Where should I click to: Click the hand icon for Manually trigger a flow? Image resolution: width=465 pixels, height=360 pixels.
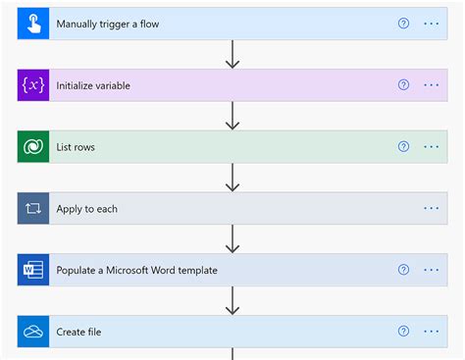click(x=32, y=24)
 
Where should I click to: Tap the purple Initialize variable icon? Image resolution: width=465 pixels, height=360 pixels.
click(x=32, y=85)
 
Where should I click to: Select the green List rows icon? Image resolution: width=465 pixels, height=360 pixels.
click(x=32, y=147)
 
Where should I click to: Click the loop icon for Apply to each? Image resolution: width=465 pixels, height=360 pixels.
click(x=32, y=208)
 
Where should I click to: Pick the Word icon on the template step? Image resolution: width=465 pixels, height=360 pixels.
click(x=32, y=270)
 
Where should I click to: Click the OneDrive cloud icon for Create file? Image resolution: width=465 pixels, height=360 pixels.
click(x=32, y=332)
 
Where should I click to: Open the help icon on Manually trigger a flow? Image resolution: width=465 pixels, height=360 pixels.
click(x=403, y=24)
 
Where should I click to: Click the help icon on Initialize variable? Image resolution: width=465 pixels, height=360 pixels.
click(x=403, y=85)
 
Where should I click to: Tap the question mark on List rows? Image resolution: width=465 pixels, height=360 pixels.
click(x=403, y=147)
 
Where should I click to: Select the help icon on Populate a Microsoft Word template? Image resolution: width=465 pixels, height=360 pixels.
click(x=403, y=270)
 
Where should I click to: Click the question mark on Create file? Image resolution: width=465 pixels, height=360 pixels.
click(x=403, y=332)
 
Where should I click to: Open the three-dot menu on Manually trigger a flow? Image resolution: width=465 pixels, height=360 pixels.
click(x=432, y=24)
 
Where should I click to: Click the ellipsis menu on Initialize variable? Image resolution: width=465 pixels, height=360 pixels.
click(x=432, y=85)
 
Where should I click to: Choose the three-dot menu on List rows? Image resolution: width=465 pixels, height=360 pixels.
click(x=432, y=147)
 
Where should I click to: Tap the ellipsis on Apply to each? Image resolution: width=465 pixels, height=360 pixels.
click(x=432, y=208)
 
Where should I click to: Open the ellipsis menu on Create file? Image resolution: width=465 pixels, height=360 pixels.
click(x=432, y=332)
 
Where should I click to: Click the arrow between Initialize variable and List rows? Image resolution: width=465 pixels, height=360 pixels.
click(x=232, y=116)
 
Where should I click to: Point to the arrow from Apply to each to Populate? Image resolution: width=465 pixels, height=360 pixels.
click(x=232, y=238)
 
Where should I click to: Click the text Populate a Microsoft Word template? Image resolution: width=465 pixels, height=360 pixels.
click(x=136, y=270)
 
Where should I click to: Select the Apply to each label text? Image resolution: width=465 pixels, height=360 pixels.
click(x=87, y=209)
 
